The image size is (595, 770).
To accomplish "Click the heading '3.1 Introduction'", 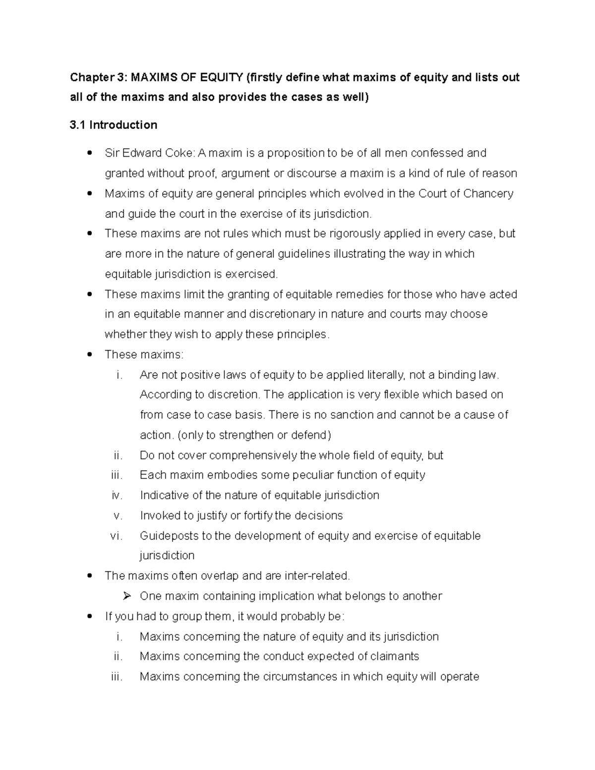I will (x=114, y=125).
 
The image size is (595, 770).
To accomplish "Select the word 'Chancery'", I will (x=488, y=193).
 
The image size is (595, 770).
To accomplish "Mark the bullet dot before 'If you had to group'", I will (x=89, y=616).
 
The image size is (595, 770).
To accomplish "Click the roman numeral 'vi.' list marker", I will (x=116, y=536).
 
